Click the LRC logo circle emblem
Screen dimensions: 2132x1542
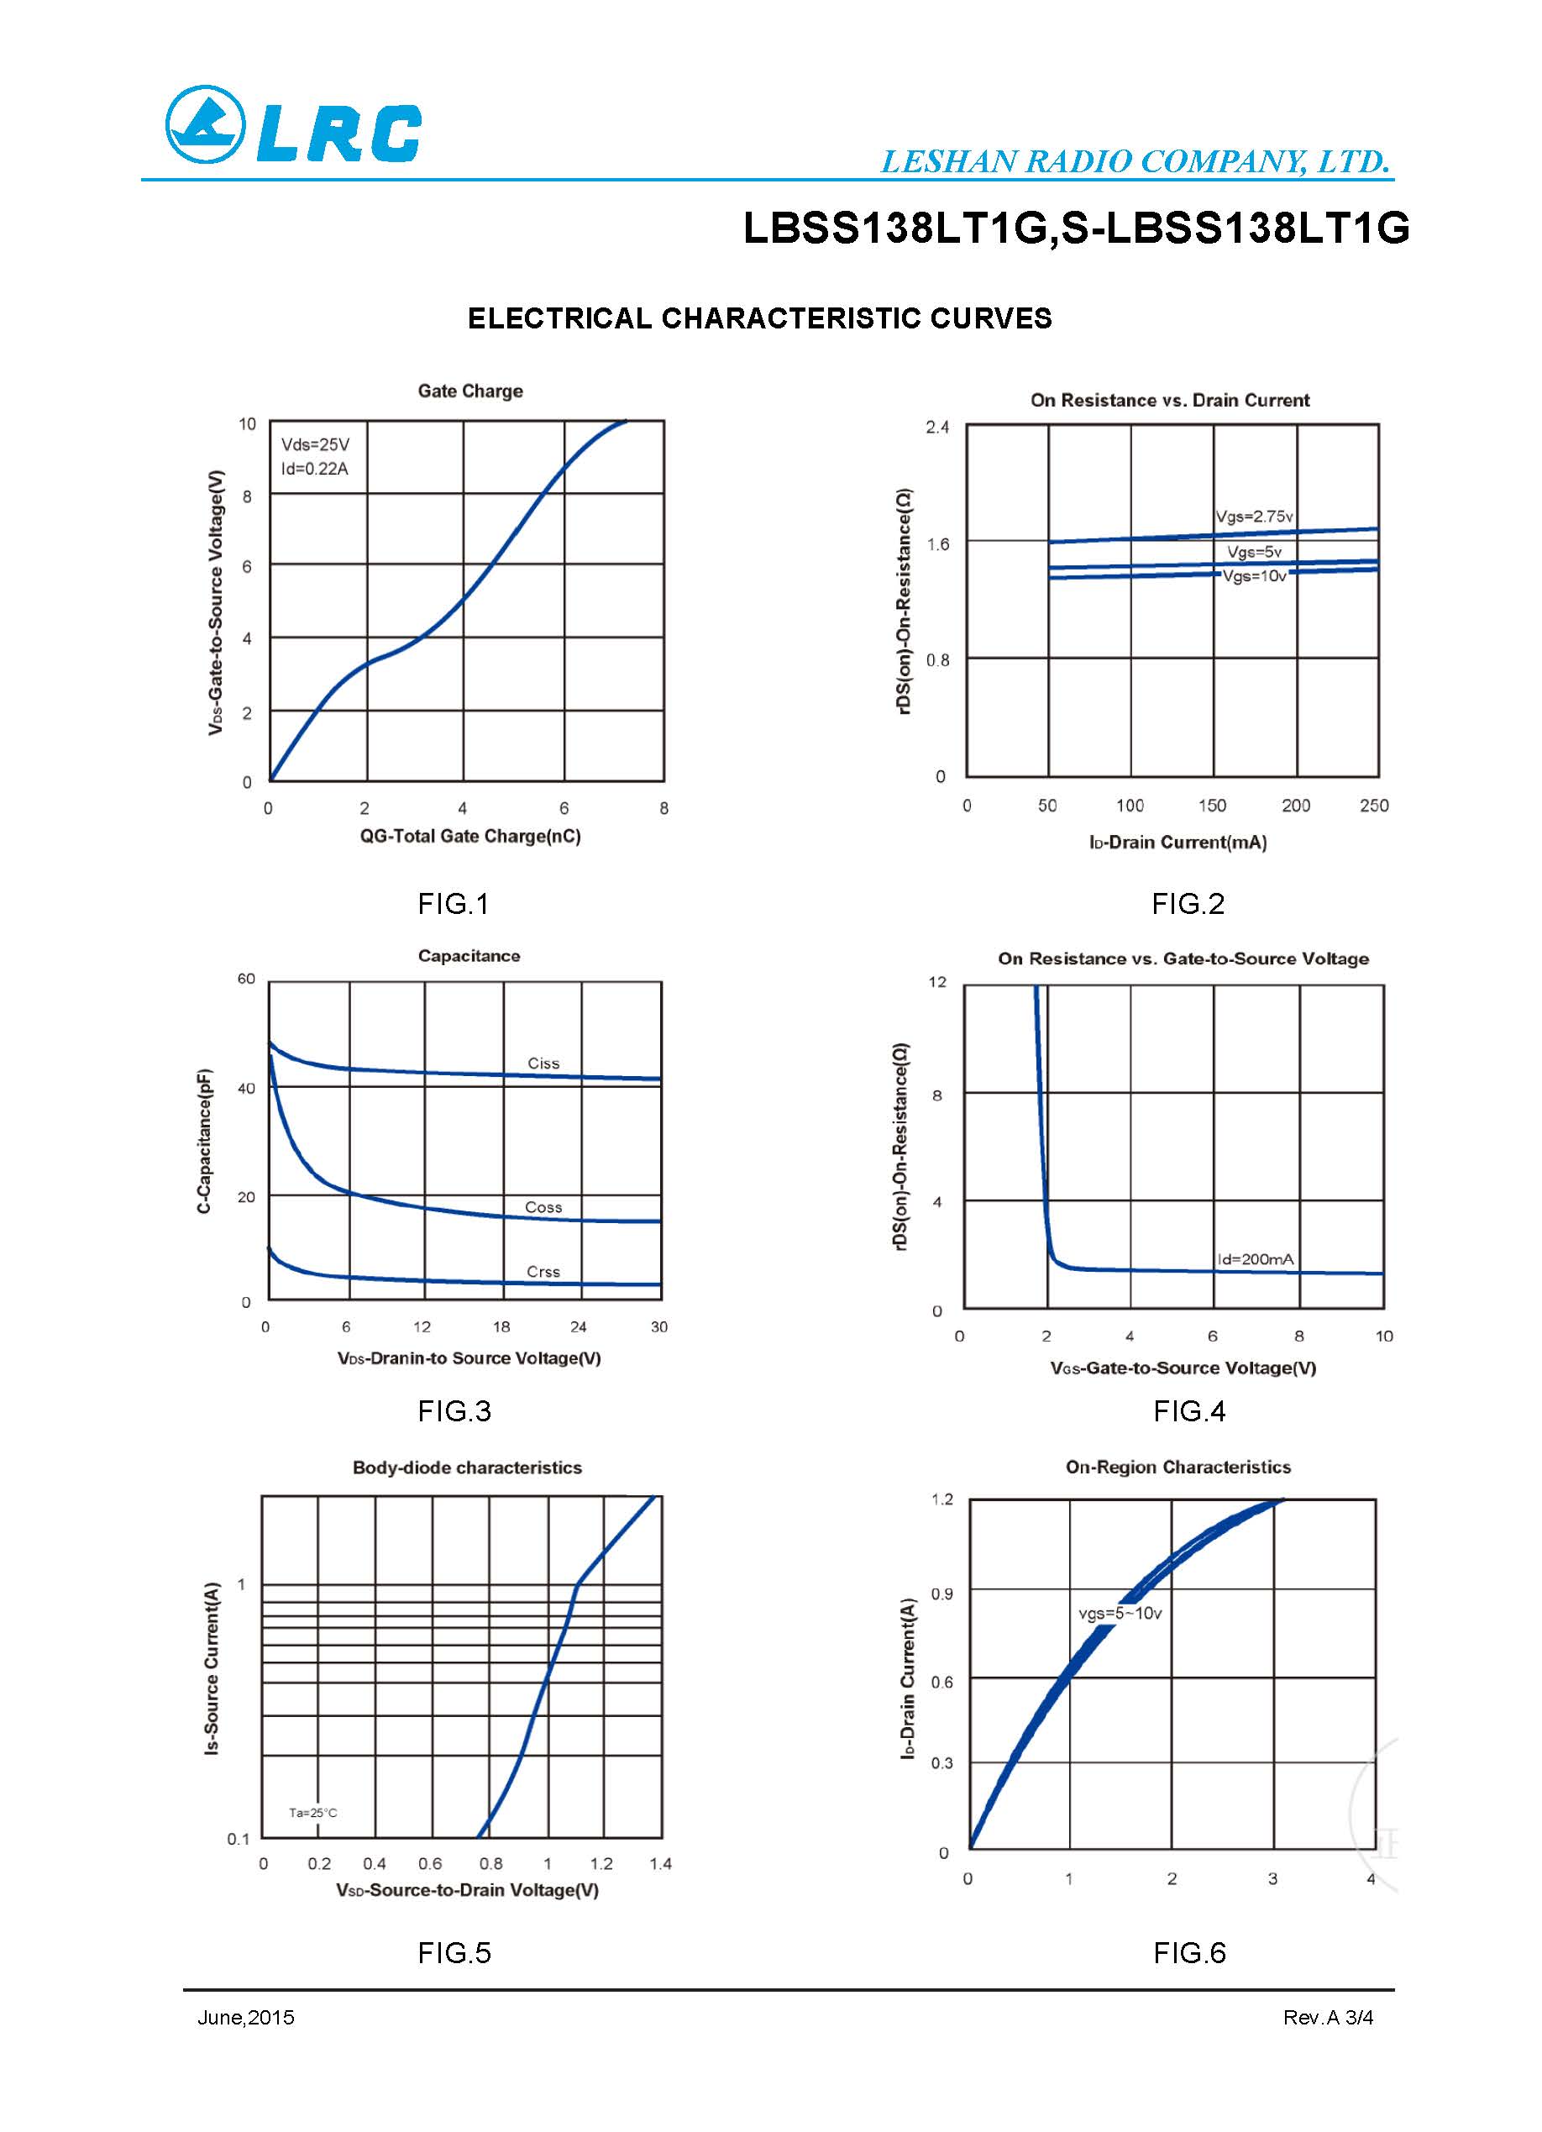[205, 124]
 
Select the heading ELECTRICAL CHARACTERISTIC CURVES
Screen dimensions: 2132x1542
[759, 318]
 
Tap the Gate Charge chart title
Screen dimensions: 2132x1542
[469, 391]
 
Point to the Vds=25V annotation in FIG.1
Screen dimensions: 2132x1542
[315, 444]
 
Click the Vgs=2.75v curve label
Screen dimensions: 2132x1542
[1254, 516]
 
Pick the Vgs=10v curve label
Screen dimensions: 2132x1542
[1254, 576]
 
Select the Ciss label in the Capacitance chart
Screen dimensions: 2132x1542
[543, 1063]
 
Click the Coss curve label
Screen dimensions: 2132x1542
[543, 1207]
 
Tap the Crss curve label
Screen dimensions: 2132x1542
[543, 1272]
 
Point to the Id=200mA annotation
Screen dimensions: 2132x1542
[1255, 1258]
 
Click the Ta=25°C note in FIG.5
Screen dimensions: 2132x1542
[313, 1813]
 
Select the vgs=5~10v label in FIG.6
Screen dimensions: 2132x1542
[1120, 1613]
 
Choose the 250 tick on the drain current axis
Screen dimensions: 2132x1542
[1373, 806]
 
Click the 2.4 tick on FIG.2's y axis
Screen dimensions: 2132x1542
[936, 428]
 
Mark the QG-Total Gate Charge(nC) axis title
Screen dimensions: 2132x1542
[469, 836]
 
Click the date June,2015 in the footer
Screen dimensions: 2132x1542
[245, 2017]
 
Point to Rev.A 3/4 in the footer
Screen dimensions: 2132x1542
[1328, 2017]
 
